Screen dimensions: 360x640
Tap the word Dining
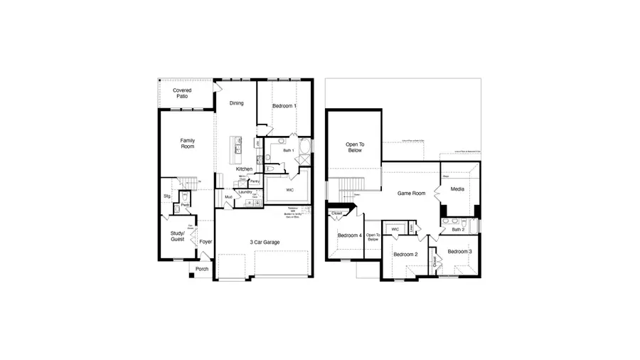point(236,103)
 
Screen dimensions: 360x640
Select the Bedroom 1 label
point(284,106)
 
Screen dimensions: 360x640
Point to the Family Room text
point(187,143)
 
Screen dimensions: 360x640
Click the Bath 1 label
point(288,150)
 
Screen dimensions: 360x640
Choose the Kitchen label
point(244,169)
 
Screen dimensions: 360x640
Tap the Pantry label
point(255,181)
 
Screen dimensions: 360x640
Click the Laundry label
point(245,191)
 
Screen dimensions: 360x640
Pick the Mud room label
point(228,196)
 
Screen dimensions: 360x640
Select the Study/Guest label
point(177,236)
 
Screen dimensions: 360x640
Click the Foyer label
point(206,242)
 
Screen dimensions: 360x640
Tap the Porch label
point(202,269)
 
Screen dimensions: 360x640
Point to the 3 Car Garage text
point(264,243)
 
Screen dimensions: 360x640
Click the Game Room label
point(411,193)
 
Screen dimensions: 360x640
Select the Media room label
point(457,189)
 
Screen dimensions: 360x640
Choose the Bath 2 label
point(458,229)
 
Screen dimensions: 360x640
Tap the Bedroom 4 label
point(350,235)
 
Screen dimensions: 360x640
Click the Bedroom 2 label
point(405,254)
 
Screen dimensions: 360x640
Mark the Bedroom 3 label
point(459,251)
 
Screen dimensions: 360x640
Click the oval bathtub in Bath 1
point(306,147)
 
